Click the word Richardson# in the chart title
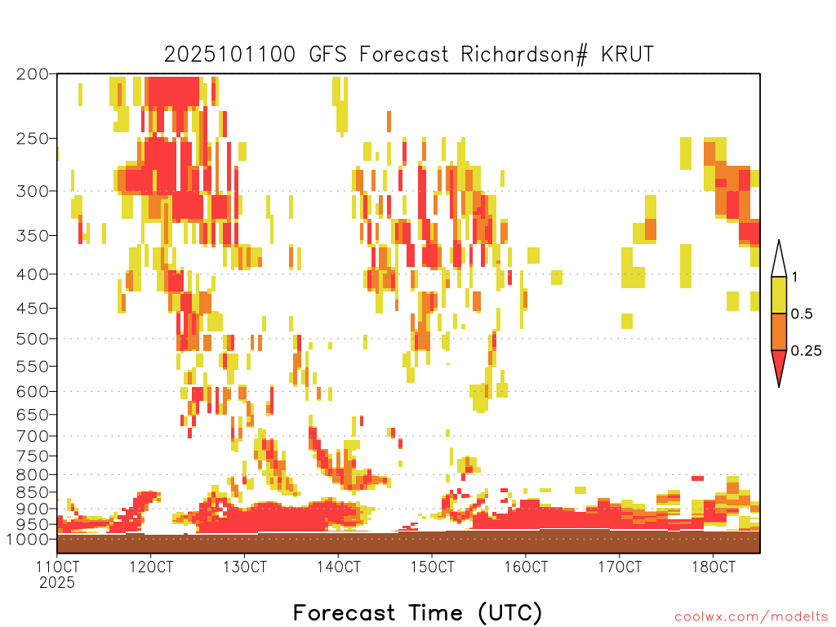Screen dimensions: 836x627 point(524,55)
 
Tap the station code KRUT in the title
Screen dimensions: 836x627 point(627,55)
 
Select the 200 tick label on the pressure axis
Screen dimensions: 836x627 point(33,74)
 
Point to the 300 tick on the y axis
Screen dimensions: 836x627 point(33,191)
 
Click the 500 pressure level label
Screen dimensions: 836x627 point(33,339)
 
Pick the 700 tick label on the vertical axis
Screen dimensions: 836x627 point(33,436)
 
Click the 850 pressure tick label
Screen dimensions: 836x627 point(33,492)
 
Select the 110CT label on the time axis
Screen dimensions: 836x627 point(58,567)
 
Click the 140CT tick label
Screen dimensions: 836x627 point(339,567)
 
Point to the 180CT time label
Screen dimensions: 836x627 point(714,567)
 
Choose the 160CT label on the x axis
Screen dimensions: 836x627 point(527,567)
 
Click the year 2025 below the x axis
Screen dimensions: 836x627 point(57,583)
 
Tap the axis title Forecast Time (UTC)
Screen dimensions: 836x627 point(417,613)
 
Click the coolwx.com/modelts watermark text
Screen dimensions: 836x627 point(751,617)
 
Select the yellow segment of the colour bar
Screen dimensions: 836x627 point(779,295)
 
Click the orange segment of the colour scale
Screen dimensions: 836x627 point(779,331)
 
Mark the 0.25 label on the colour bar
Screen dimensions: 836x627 point(806,351)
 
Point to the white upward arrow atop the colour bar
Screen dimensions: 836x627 point(779,259)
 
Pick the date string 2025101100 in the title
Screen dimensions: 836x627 point(229,55)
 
